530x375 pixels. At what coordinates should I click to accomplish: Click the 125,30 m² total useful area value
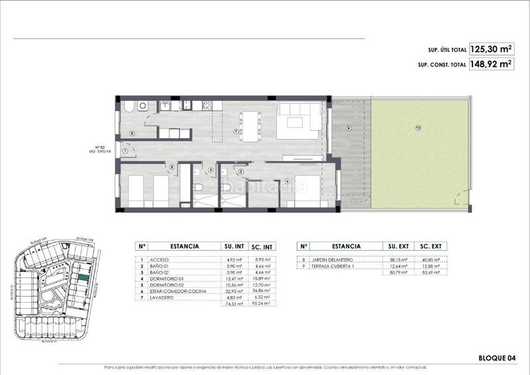click(x=491, y=48)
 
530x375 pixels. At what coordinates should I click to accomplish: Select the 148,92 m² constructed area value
click(x=491, y=64)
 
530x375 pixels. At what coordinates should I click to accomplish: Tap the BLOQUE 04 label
click(x=497, y=358)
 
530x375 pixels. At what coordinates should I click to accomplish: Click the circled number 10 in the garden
click(x=418, y=128)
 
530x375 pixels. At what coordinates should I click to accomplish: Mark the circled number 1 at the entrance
click(x=125, y=151)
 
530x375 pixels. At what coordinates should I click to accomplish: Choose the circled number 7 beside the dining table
click(x=236, y=131)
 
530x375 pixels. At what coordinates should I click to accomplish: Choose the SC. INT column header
click(x=264, y=246)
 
